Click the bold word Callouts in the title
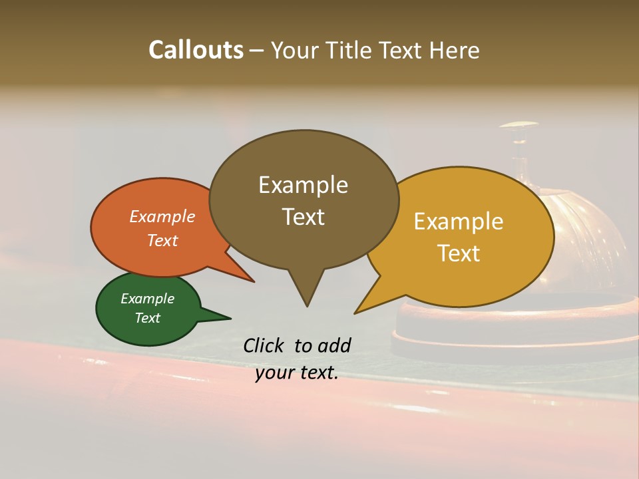[x=196, y=50]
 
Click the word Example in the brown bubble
[x=303, y=185]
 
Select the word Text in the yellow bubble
[x=459, y=253]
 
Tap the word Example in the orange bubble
[x=162, y=216]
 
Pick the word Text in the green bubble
[x=148, y=318]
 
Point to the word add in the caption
[x=334, y=345]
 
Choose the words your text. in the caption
[x=297, y=373]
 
